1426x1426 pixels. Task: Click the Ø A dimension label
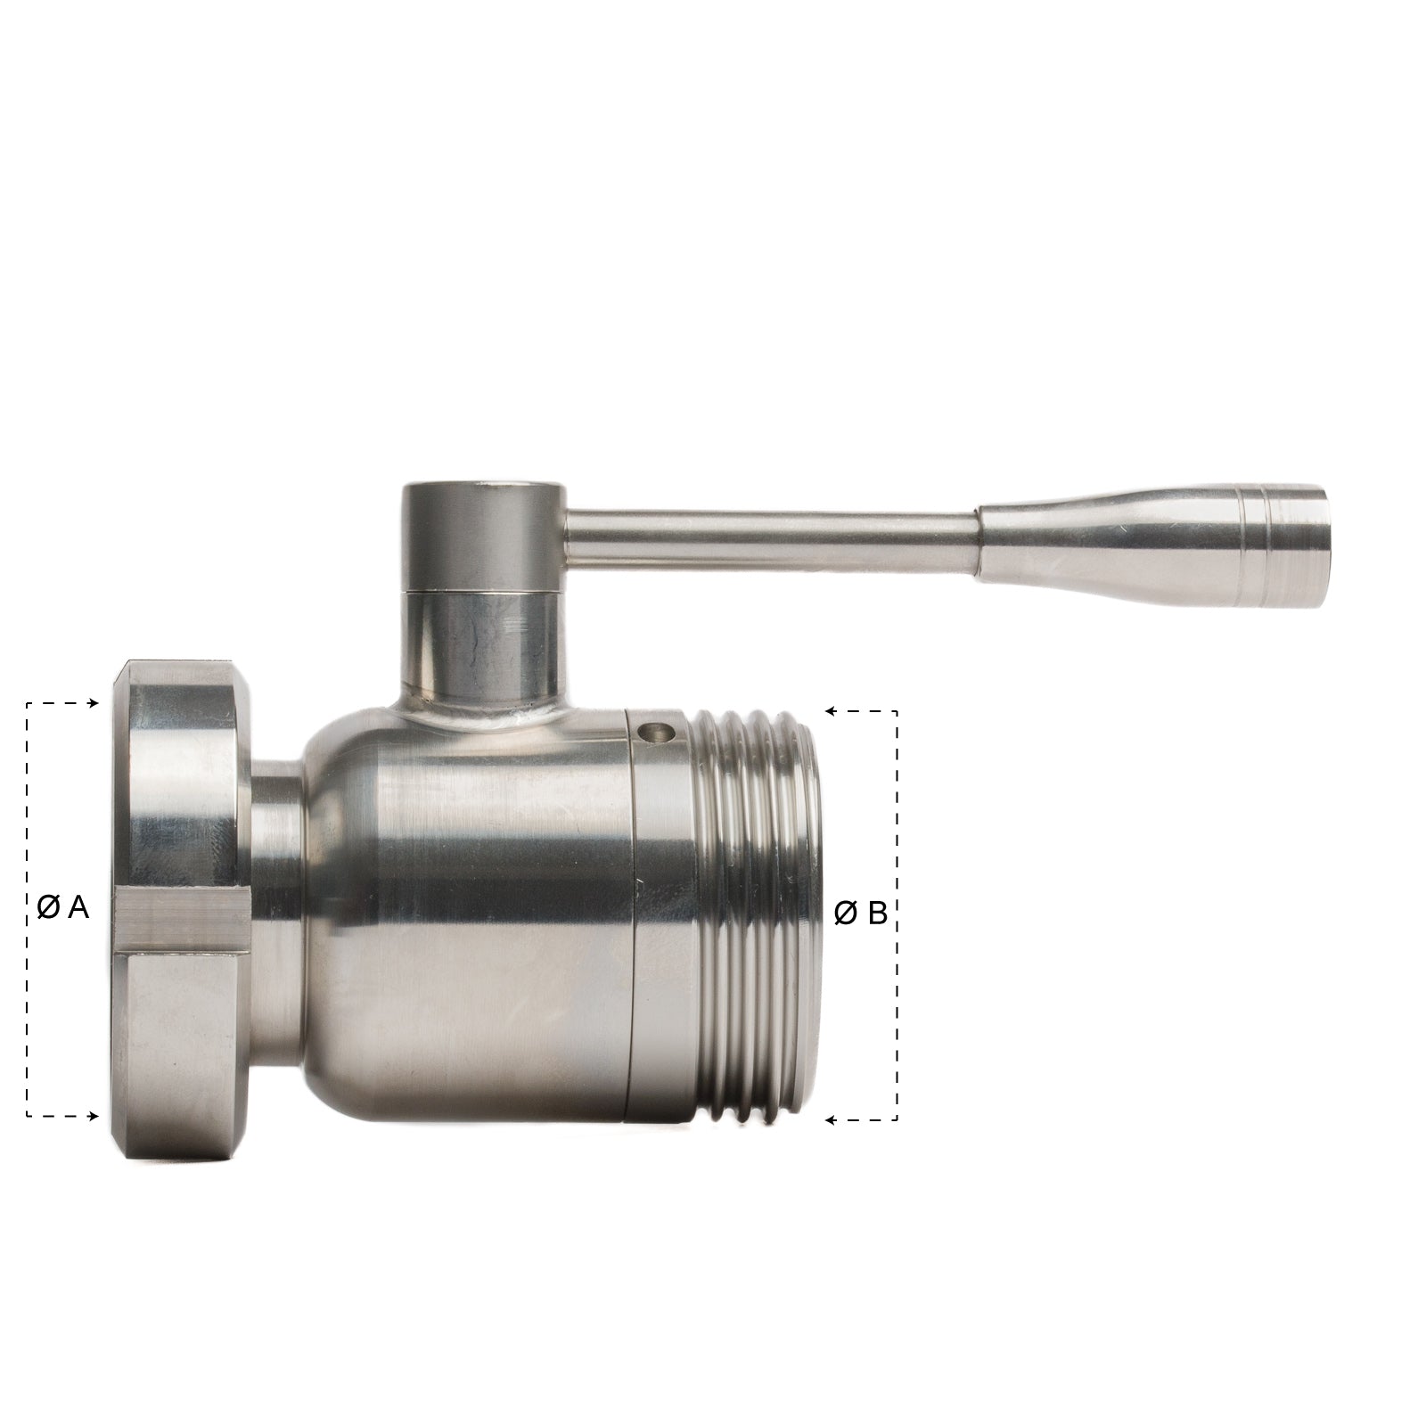(x=64, y=908)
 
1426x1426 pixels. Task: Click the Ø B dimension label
(x=861, y=914)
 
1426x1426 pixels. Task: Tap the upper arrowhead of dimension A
(x=93, y=704)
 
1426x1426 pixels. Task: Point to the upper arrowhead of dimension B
(x=830, y=712)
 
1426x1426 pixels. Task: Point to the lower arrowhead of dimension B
(x=830, y=1120)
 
